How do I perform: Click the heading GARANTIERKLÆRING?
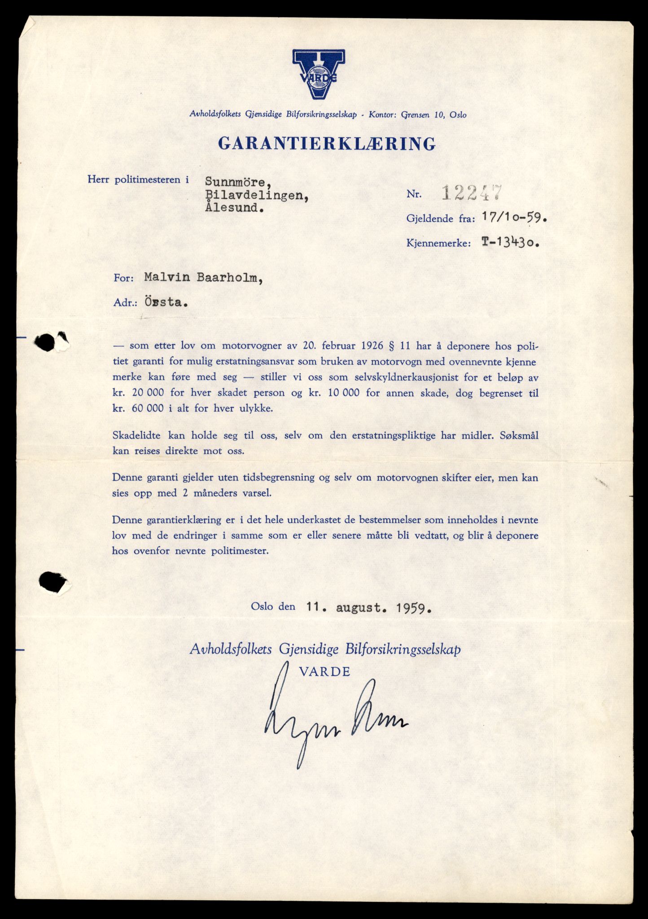click(327, 144)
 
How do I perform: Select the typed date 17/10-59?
click(515, 218)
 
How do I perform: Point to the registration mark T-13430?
click(511, 243)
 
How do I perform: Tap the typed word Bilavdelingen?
click(257, 195)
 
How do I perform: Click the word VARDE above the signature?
click(324, 672)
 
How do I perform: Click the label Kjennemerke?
click(439, 244)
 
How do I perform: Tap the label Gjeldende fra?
click(441, 219)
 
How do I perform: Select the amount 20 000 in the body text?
click(144, 393)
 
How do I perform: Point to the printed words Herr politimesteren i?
click(138, 180)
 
